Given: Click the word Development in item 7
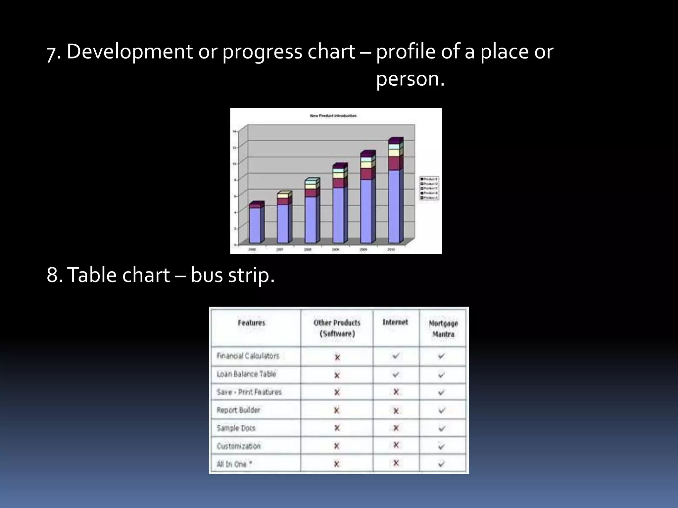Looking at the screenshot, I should tap(129, 52).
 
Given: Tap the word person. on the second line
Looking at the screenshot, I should tap(410, 79).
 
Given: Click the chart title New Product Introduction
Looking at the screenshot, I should tap(333, 116).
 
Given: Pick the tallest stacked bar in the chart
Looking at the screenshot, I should tap(395, 192).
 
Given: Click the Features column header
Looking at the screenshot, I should tap(252, 323).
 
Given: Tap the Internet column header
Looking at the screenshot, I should tap(395, 322).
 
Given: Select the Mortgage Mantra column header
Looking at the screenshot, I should tap(443, 328).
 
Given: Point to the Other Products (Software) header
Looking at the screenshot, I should tap(337, 328).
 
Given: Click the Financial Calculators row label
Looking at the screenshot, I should tap(248, 356).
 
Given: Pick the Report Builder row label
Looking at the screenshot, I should tap(238, 410).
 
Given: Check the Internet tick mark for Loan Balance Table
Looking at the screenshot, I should tap(395, 375).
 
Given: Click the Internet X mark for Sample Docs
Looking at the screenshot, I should tap(396, 428).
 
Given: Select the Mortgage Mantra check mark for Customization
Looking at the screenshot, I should tap(441, 446).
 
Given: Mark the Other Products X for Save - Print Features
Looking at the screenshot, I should tap(337, 392).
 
